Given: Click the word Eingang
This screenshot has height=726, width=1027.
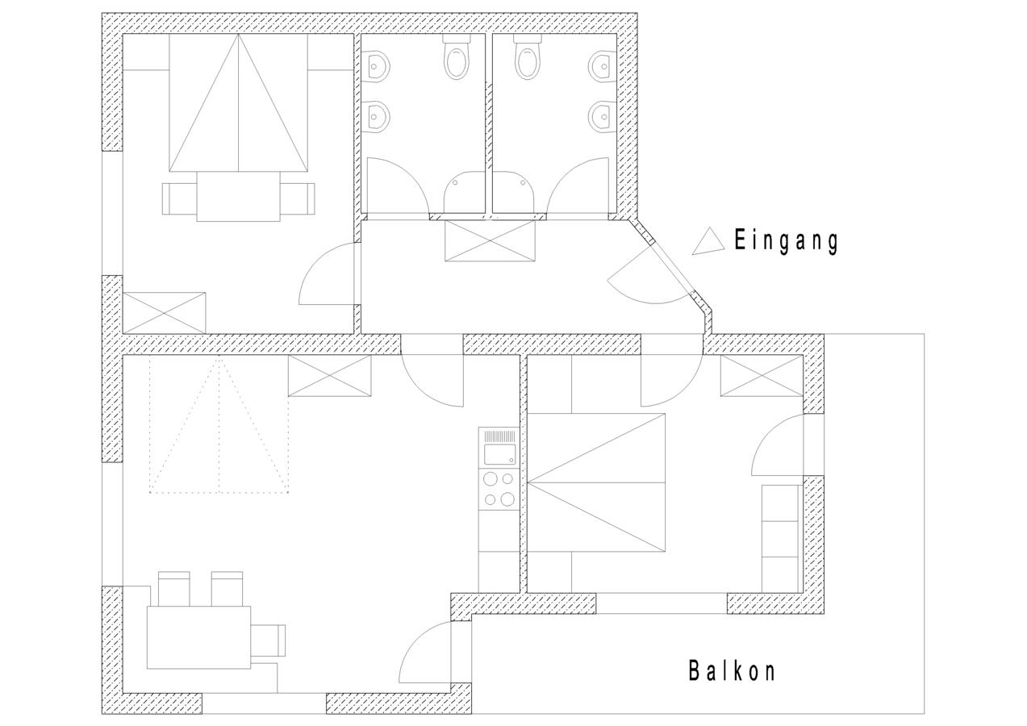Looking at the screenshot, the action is [x=787, y=241].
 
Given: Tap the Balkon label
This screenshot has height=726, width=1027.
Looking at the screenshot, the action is [x=733, y=671].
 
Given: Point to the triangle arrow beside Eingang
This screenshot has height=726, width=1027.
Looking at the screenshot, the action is [x=708, y=241].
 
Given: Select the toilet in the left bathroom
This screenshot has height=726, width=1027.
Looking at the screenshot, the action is [x=457, y=57].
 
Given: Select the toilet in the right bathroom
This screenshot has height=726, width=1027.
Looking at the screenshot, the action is [x=528, y=57].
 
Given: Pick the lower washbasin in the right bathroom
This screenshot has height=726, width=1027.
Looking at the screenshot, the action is [x=602, y=116].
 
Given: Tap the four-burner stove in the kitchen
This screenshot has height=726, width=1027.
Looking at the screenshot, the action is [x=499, y=489].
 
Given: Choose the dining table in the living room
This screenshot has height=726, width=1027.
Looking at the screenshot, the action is [x=199, y=637].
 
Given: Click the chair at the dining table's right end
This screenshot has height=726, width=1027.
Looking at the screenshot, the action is [x=268, y=640].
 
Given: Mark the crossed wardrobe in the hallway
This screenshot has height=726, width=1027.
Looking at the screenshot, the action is [x=491, y=240].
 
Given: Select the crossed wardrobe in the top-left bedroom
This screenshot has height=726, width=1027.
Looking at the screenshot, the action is [x=164, y=313].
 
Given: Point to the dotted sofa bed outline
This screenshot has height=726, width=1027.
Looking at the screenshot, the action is [x=219, y=424].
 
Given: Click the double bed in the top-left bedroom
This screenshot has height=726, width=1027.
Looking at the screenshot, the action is [x=239, y=103].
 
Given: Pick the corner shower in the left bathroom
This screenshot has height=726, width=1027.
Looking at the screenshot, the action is [x=465, y=193].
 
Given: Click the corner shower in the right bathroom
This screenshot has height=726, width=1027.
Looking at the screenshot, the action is [x=513, y=193].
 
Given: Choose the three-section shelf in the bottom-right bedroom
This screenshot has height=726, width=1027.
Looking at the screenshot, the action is [x=780, y=539].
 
